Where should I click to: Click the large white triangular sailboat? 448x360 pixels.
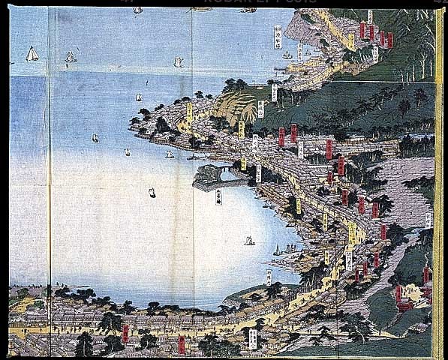click(32, 53)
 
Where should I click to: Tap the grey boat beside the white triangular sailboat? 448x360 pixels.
click(70, 56)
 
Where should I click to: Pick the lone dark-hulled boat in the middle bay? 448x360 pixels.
click(152, 193)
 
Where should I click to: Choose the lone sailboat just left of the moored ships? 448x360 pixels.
click(249, 241)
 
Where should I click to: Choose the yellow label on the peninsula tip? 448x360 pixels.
click(189, 112)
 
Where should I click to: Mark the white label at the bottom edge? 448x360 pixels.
click(252, 338)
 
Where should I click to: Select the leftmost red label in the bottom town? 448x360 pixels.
click(125, 333)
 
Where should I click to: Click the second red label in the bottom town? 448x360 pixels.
click(181, 343)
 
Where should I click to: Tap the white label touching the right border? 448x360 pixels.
click(429, 220)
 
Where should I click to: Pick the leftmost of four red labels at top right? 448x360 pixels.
click(362, 29)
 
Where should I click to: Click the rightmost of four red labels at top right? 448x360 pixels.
click(389, 40)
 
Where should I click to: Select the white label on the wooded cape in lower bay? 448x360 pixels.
click(268, 277)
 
